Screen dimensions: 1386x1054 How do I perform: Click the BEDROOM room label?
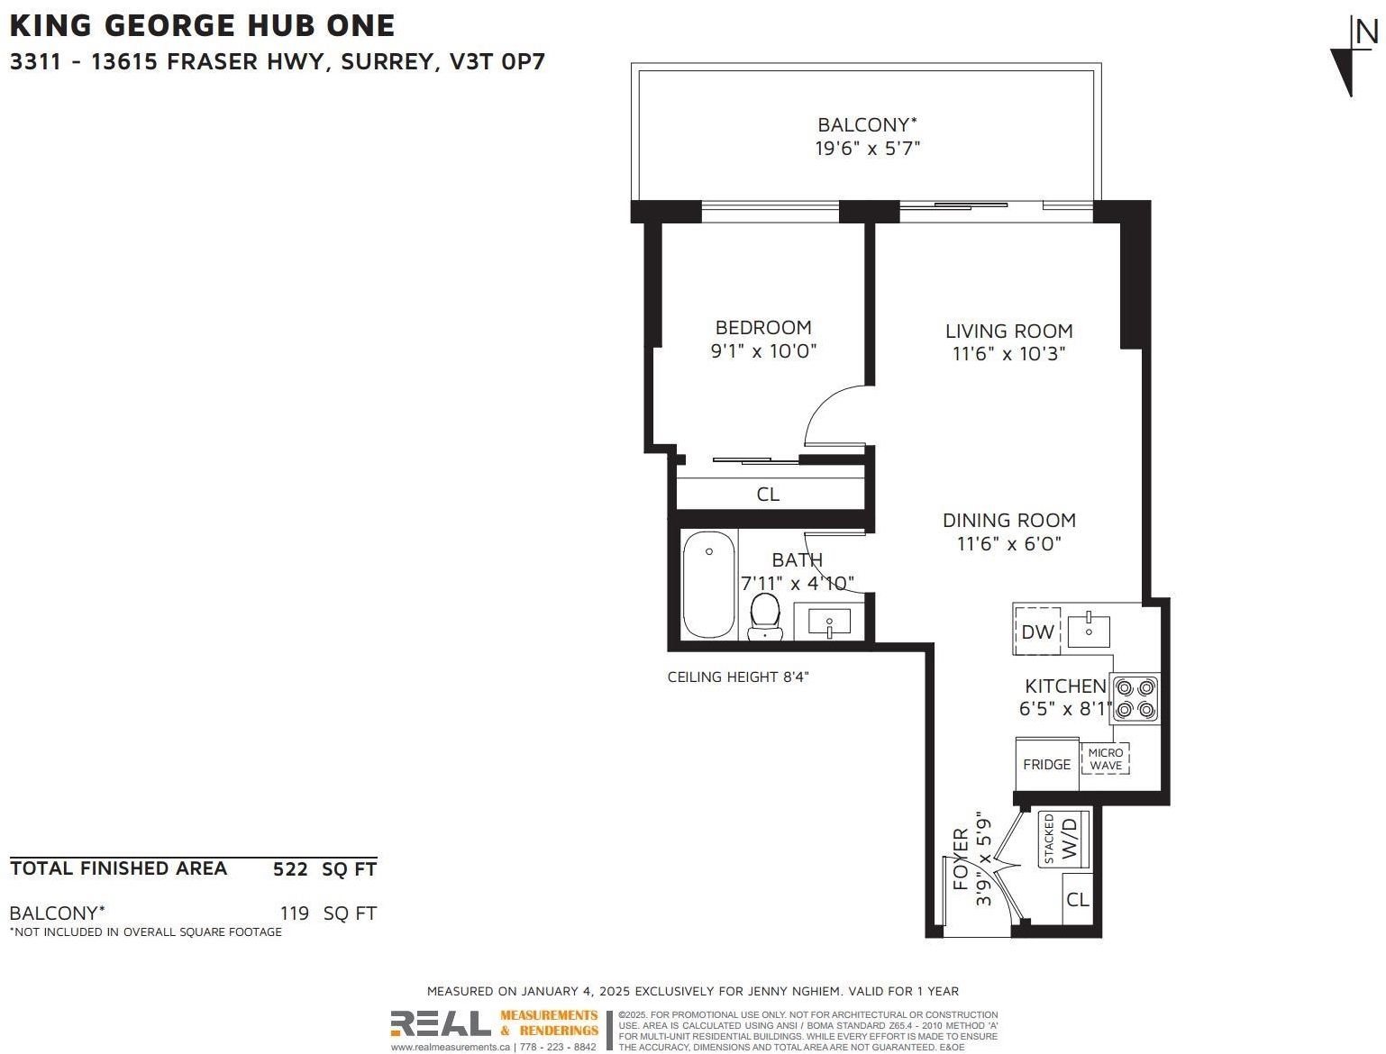(x=762, y=328)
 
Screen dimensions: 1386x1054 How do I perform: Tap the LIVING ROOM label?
(x=1008, y=331)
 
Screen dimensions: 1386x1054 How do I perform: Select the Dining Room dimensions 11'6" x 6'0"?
(x=1008, y=543)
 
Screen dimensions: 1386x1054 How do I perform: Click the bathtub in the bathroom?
(x=708, y=585)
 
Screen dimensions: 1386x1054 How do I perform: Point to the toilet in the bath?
(x=765, y=616)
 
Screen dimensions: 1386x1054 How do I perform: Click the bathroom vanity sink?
(x=828, y=621)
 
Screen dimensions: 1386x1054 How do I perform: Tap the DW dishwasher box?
(x=1037, y=631)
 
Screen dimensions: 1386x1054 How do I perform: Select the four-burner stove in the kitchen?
(x=1135, y=699)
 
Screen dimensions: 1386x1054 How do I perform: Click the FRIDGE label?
(x=1046, y=764)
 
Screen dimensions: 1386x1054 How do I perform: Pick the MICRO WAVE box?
(x=1105, y=759)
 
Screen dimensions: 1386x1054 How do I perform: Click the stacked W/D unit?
(x=1063, y=840)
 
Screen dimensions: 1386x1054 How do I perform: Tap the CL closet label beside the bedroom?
(x=768, y=495)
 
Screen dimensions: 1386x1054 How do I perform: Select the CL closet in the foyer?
(x=1077, y=899)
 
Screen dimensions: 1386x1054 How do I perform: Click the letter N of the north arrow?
(x=1366, y=32)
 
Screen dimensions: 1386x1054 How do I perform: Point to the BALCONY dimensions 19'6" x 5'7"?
(x=867, y=149)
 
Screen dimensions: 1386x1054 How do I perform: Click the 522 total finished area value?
(x=290, y=869)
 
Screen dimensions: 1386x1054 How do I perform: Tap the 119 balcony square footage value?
(x=295, y=913)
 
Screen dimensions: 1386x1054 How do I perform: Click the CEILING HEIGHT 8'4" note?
(x=737, y=677)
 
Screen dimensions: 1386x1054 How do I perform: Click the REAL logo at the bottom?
(x=440, y=1023)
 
